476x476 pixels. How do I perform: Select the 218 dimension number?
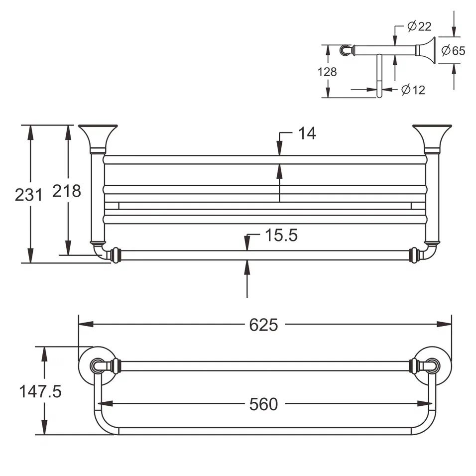66,190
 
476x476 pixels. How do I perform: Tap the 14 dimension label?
307,133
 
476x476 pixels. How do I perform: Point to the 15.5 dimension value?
280,235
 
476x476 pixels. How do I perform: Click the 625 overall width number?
263,325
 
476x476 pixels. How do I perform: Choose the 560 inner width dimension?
263,404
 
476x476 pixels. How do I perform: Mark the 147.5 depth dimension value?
40,391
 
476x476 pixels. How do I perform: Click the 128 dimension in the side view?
327,72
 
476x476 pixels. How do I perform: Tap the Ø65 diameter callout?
453,50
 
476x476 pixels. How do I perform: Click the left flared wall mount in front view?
98,137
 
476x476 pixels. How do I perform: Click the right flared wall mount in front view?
432,137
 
